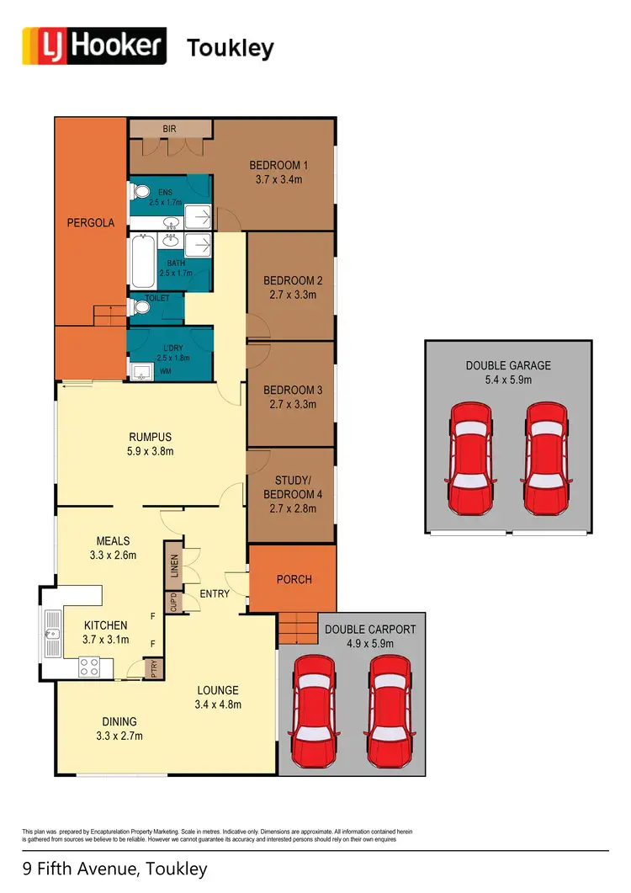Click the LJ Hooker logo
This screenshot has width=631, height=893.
(93, 46)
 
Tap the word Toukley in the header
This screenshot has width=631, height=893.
(230, 48)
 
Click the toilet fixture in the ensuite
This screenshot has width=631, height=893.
(139, 191)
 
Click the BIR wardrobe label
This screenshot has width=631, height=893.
(169, 129)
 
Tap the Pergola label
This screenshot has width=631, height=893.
(91, 223)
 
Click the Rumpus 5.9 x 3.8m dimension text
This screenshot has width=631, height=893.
(151, 451)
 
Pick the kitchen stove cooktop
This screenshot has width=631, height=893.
(90, 667)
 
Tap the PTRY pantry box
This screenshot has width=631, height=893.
(154, 669)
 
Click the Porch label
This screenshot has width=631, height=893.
(294, 579)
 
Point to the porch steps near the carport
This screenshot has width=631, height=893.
(297, 625)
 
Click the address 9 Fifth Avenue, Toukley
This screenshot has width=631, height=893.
(114, 868)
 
